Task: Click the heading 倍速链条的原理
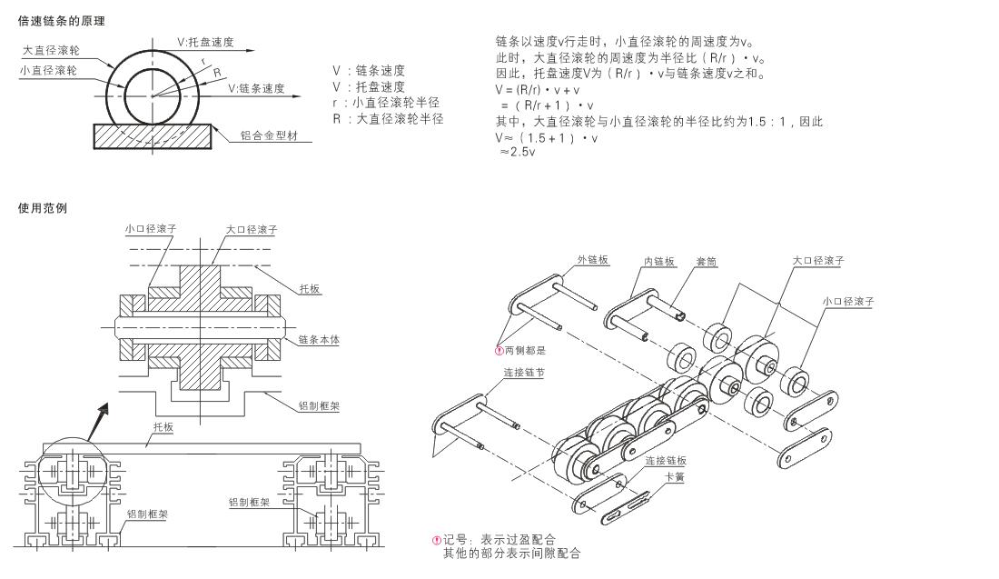click(x=61, y=21)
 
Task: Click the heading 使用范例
click(x=42, y=208)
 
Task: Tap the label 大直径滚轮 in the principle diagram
click(x=52, y=50)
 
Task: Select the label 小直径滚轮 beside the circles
click(x=48, y=70)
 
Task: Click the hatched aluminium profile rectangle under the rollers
click(x=153, y=136)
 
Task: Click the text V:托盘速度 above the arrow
click(x=205, y=43)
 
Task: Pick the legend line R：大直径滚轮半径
click(x=388, y=118)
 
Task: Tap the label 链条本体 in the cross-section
click(x=319, y=340)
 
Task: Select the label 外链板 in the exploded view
click(x=593, y=260)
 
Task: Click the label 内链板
click(x=659, y=262)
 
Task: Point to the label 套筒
click(x=706, y=262)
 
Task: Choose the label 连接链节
click(x=524, y=373)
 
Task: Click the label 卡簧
click(x=676, y=477)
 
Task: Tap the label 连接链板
click(x=666, y=461)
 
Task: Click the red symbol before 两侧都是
click(x=499, y=350)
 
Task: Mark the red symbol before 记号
click(x=437, y=540)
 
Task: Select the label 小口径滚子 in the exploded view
click(x=848, y=302)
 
